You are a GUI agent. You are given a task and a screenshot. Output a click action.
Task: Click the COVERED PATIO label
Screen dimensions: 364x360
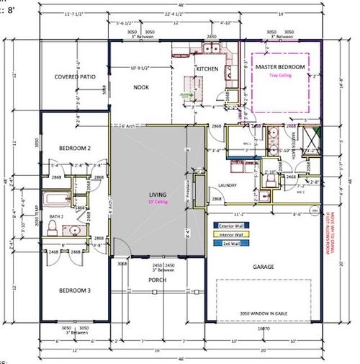coord(74,76)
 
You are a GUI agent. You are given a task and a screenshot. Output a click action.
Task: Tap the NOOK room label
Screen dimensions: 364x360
coord(140,87)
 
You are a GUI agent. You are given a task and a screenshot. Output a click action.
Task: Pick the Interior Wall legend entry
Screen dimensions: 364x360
coord(230,234)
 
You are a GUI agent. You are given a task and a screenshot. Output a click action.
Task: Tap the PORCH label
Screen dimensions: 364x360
coord(157,280)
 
